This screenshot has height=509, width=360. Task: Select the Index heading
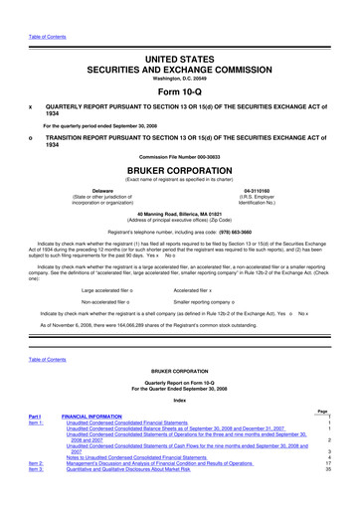(180, 428)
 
